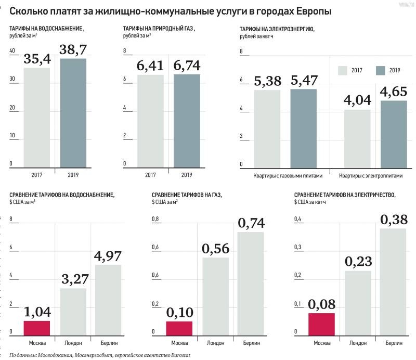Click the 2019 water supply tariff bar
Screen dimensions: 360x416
pyautogui.click(x=73, y=113)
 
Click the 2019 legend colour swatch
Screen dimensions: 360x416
pyautogui.click(x=380, y=70)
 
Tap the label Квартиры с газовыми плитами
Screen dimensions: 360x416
pyautogui.click(x=285, y=176)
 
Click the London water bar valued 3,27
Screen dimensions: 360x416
pyautogui.click(x=73, y=311)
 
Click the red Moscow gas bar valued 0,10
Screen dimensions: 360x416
pyautogui.click(x=179, y=328)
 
